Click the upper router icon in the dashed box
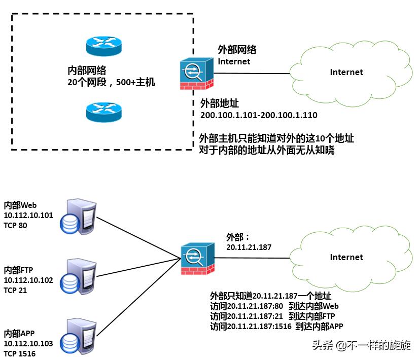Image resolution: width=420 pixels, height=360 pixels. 103,46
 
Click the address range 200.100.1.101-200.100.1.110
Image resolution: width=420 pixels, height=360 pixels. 259,116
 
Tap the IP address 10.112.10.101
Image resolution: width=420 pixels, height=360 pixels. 28,215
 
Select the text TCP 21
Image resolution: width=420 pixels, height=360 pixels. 15,291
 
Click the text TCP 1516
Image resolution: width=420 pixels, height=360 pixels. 19,354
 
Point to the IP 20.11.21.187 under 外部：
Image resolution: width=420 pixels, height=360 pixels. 249,247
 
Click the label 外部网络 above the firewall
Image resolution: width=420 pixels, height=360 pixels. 237,50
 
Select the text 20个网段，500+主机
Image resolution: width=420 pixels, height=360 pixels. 111,82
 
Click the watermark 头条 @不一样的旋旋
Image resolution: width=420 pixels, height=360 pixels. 361,346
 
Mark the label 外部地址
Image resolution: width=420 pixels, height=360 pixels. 220,103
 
